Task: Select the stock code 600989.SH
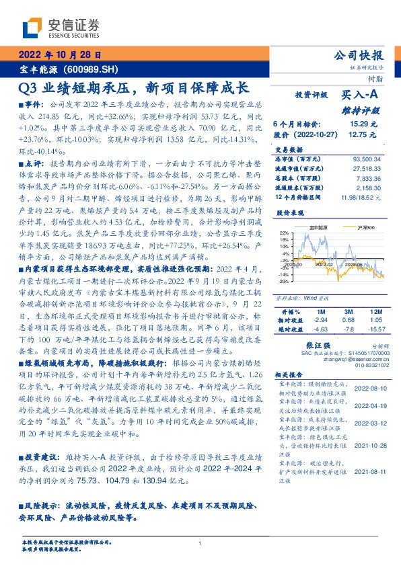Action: click(91, 69)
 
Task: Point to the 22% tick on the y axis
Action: click(285, 232)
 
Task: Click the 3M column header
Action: click(349, 313)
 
